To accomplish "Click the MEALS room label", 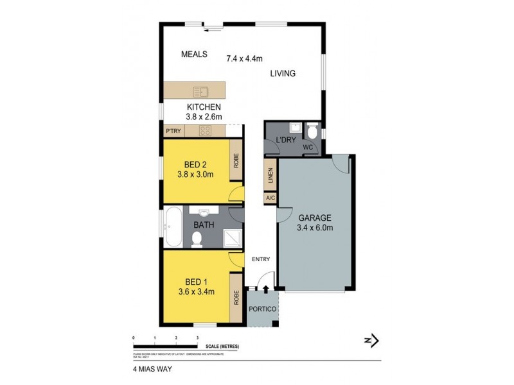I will click(194, 55).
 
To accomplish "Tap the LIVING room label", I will click(282, 74).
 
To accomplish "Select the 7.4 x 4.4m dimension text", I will click(245, 58).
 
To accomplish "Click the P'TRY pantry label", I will click(173, 131).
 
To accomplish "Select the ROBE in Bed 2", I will click(236, 160).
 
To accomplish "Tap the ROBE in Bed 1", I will click(236, 297).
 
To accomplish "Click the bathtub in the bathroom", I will click(172, 227).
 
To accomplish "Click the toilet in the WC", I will click(312, 132).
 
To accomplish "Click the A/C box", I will click(269, 199).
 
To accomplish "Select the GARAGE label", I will click(314, 217).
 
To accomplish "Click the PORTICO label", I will click(263, 309).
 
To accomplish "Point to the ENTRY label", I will click(261, 259).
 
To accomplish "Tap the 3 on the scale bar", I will click(197, 337).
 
